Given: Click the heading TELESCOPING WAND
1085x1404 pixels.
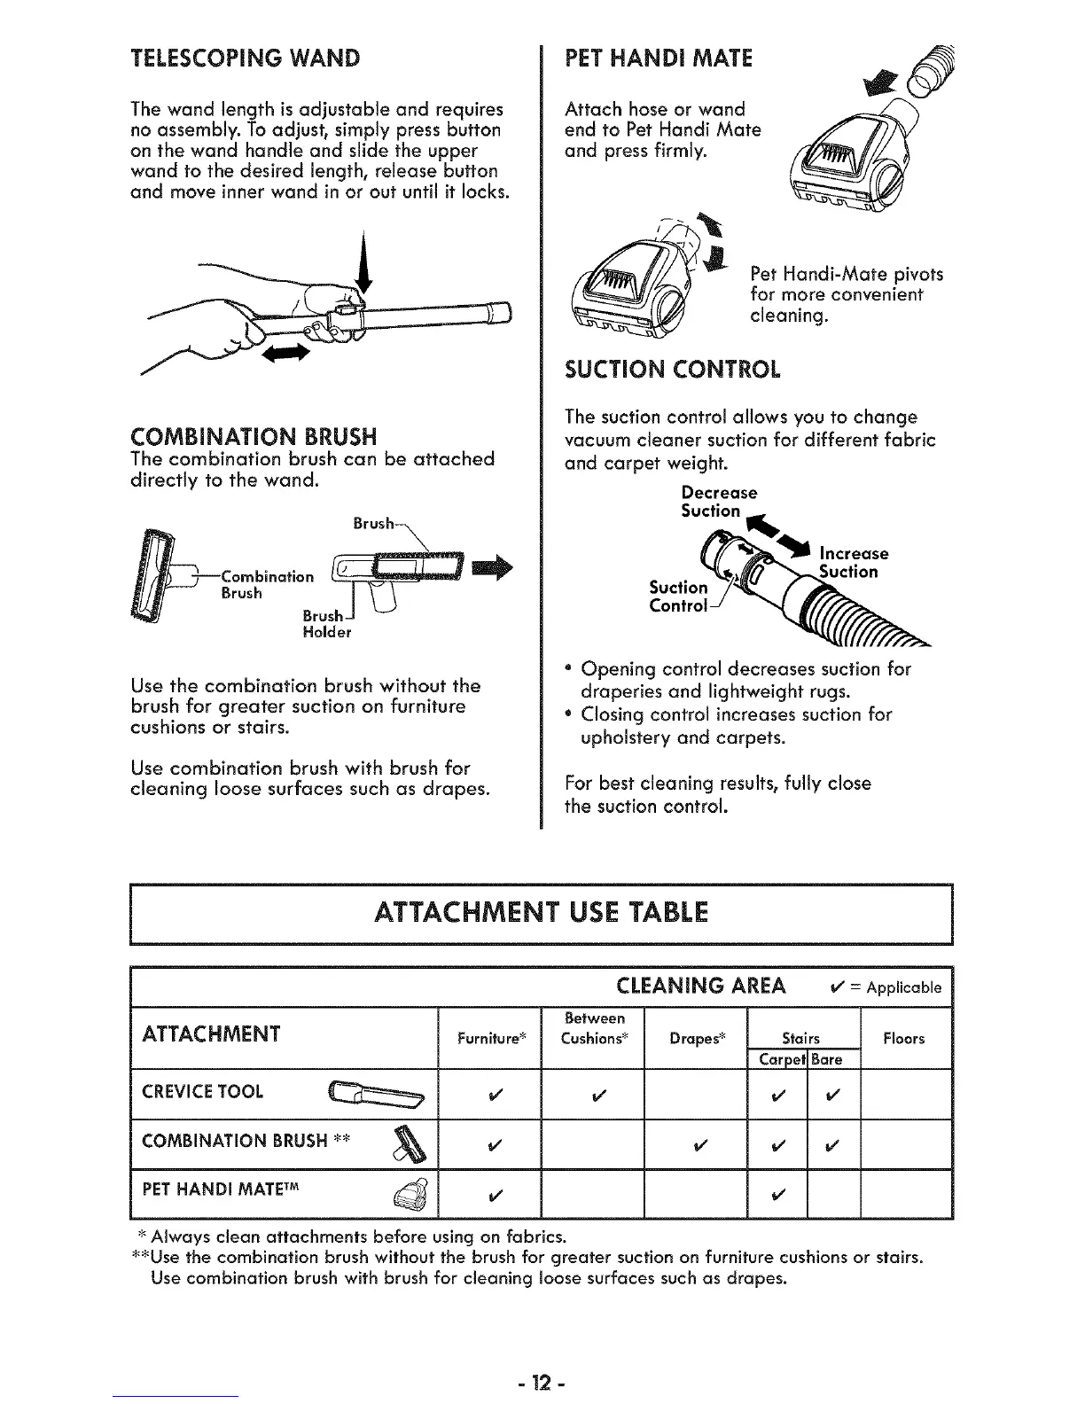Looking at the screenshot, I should tap(246, 59).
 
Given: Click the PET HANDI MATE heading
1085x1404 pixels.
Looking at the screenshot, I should tap(658, 58).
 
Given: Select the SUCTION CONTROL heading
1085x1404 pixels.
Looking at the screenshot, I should tap(673, 370).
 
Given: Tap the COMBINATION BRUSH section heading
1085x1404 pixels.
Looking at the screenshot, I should tap(254, 436).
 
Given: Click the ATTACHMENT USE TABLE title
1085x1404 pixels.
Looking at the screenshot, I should tap(542, 912).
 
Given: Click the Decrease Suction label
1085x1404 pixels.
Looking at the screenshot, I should tap(718, 502).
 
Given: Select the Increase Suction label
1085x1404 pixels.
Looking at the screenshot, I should tap(853, 563).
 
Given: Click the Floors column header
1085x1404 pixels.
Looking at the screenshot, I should tap(903, 1038).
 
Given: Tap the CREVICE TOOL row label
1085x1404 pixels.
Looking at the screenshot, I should tap(202, 1092).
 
